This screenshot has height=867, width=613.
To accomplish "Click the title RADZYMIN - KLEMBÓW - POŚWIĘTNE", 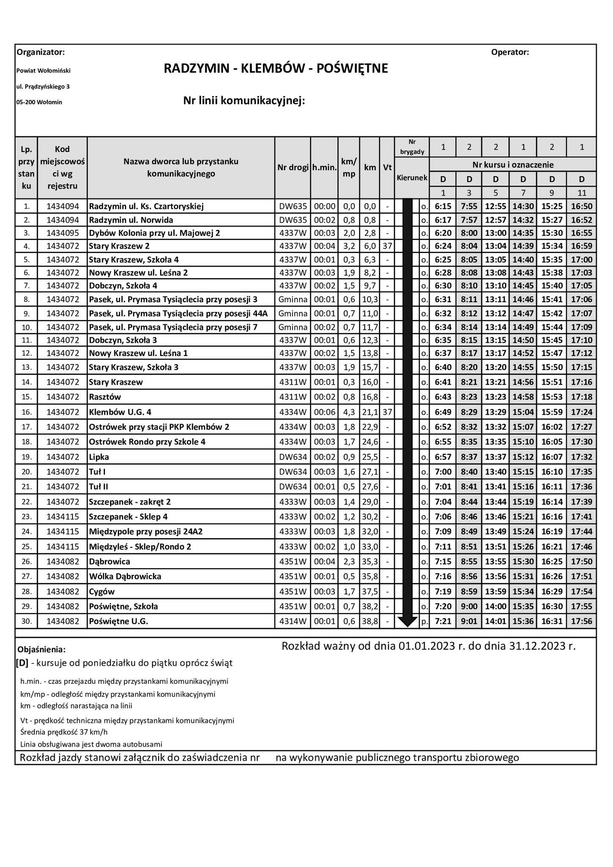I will pos(276,69).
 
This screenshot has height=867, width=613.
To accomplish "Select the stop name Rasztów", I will pos(105,397).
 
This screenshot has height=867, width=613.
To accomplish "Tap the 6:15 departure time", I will pos(443,207).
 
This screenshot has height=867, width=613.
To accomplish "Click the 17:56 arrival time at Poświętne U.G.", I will pos(582,621).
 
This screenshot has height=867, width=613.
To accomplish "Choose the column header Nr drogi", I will pos(293,168).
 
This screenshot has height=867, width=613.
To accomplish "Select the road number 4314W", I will pos(293,621).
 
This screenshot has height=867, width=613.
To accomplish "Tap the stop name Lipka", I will pos(99,457).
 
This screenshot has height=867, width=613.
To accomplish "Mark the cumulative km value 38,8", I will pos(370,621).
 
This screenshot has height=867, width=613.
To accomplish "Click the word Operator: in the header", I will pos(510,52).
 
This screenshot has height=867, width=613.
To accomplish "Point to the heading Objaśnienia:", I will pos(41,649).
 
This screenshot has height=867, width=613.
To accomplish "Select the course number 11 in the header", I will pos(582,193).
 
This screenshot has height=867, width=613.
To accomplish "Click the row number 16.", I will pos(27,412).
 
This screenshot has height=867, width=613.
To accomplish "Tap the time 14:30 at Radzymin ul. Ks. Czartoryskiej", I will pos(523,207).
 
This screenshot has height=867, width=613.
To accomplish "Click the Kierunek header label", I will pos(411,178).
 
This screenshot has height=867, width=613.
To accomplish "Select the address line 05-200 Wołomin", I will pos(39,102).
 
